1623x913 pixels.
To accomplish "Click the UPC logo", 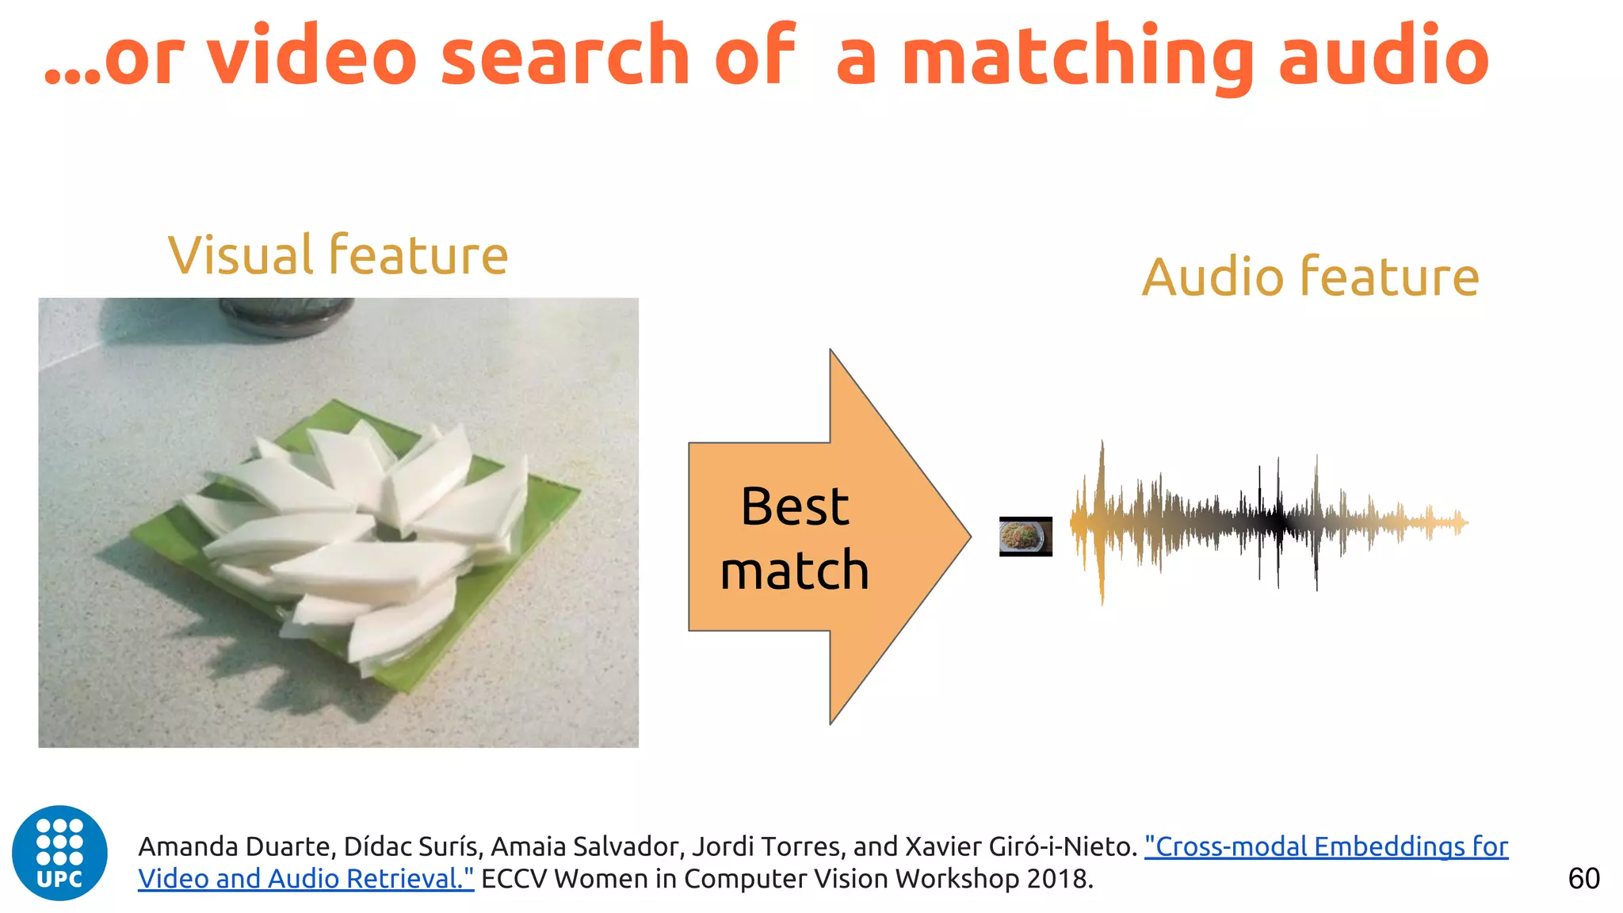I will [x=59, y=853].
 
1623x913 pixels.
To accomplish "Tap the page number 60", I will [x=1583, y=879].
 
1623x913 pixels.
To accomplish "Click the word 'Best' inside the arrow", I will [x=795, y=506].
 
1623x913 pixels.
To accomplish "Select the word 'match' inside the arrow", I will [x=795, y=571].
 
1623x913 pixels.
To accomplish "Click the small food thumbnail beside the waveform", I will [x=1025, y=537].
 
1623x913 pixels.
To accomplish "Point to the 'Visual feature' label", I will [x=338, y=255].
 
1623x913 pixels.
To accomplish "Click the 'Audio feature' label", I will [x=1310, y=277].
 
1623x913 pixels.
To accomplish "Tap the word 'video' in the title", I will [x=311, y=55].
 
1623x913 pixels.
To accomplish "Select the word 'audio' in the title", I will [x=1384, y=55].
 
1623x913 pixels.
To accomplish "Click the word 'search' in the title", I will [x=565, y=55].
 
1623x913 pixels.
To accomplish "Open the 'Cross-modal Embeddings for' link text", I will [x=1326, y=846].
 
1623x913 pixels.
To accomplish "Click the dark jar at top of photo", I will [x=285, y=314].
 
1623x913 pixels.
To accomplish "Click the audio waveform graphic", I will [x=1268, y=522].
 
